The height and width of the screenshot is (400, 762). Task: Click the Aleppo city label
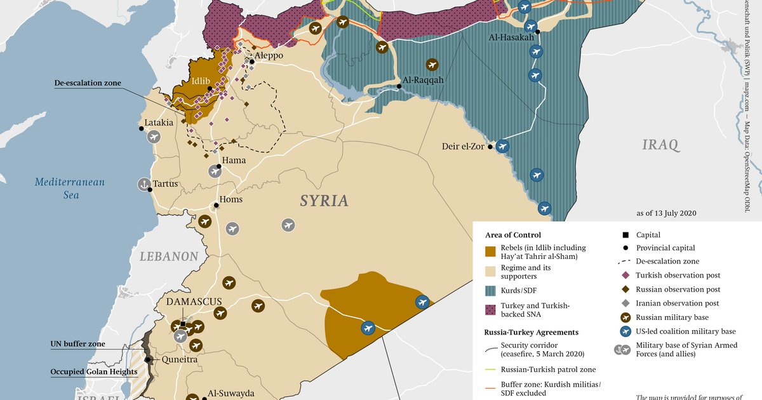coord(269,56)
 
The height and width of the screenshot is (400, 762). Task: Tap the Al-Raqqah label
coord(423,81)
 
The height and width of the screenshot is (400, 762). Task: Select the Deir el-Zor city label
coord(463,147)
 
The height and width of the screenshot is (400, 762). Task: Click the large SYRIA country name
coord(324,201)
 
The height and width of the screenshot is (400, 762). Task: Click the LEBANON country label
coord(170,257)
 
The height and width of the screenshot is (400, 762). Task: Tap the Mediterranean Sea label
coord(70,189)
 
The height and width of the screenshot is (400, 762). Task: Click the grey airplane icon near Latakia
coord(154,136)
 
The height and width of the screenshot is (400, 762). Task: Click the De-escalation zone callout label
coord(88,83)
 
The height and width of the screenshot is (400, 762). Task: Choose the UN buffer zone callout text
coord(77,344)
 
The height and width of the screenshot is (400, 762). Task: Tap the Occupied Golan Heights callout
coord(94,371)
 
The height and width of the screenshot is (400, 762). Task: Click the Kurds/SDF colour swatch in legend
coord(490,290)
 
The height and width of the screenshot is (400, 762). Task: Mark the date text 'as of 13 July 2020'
coord(666,213)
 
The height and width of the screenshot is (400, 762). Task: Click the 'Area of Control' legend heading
coord(513,235)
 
